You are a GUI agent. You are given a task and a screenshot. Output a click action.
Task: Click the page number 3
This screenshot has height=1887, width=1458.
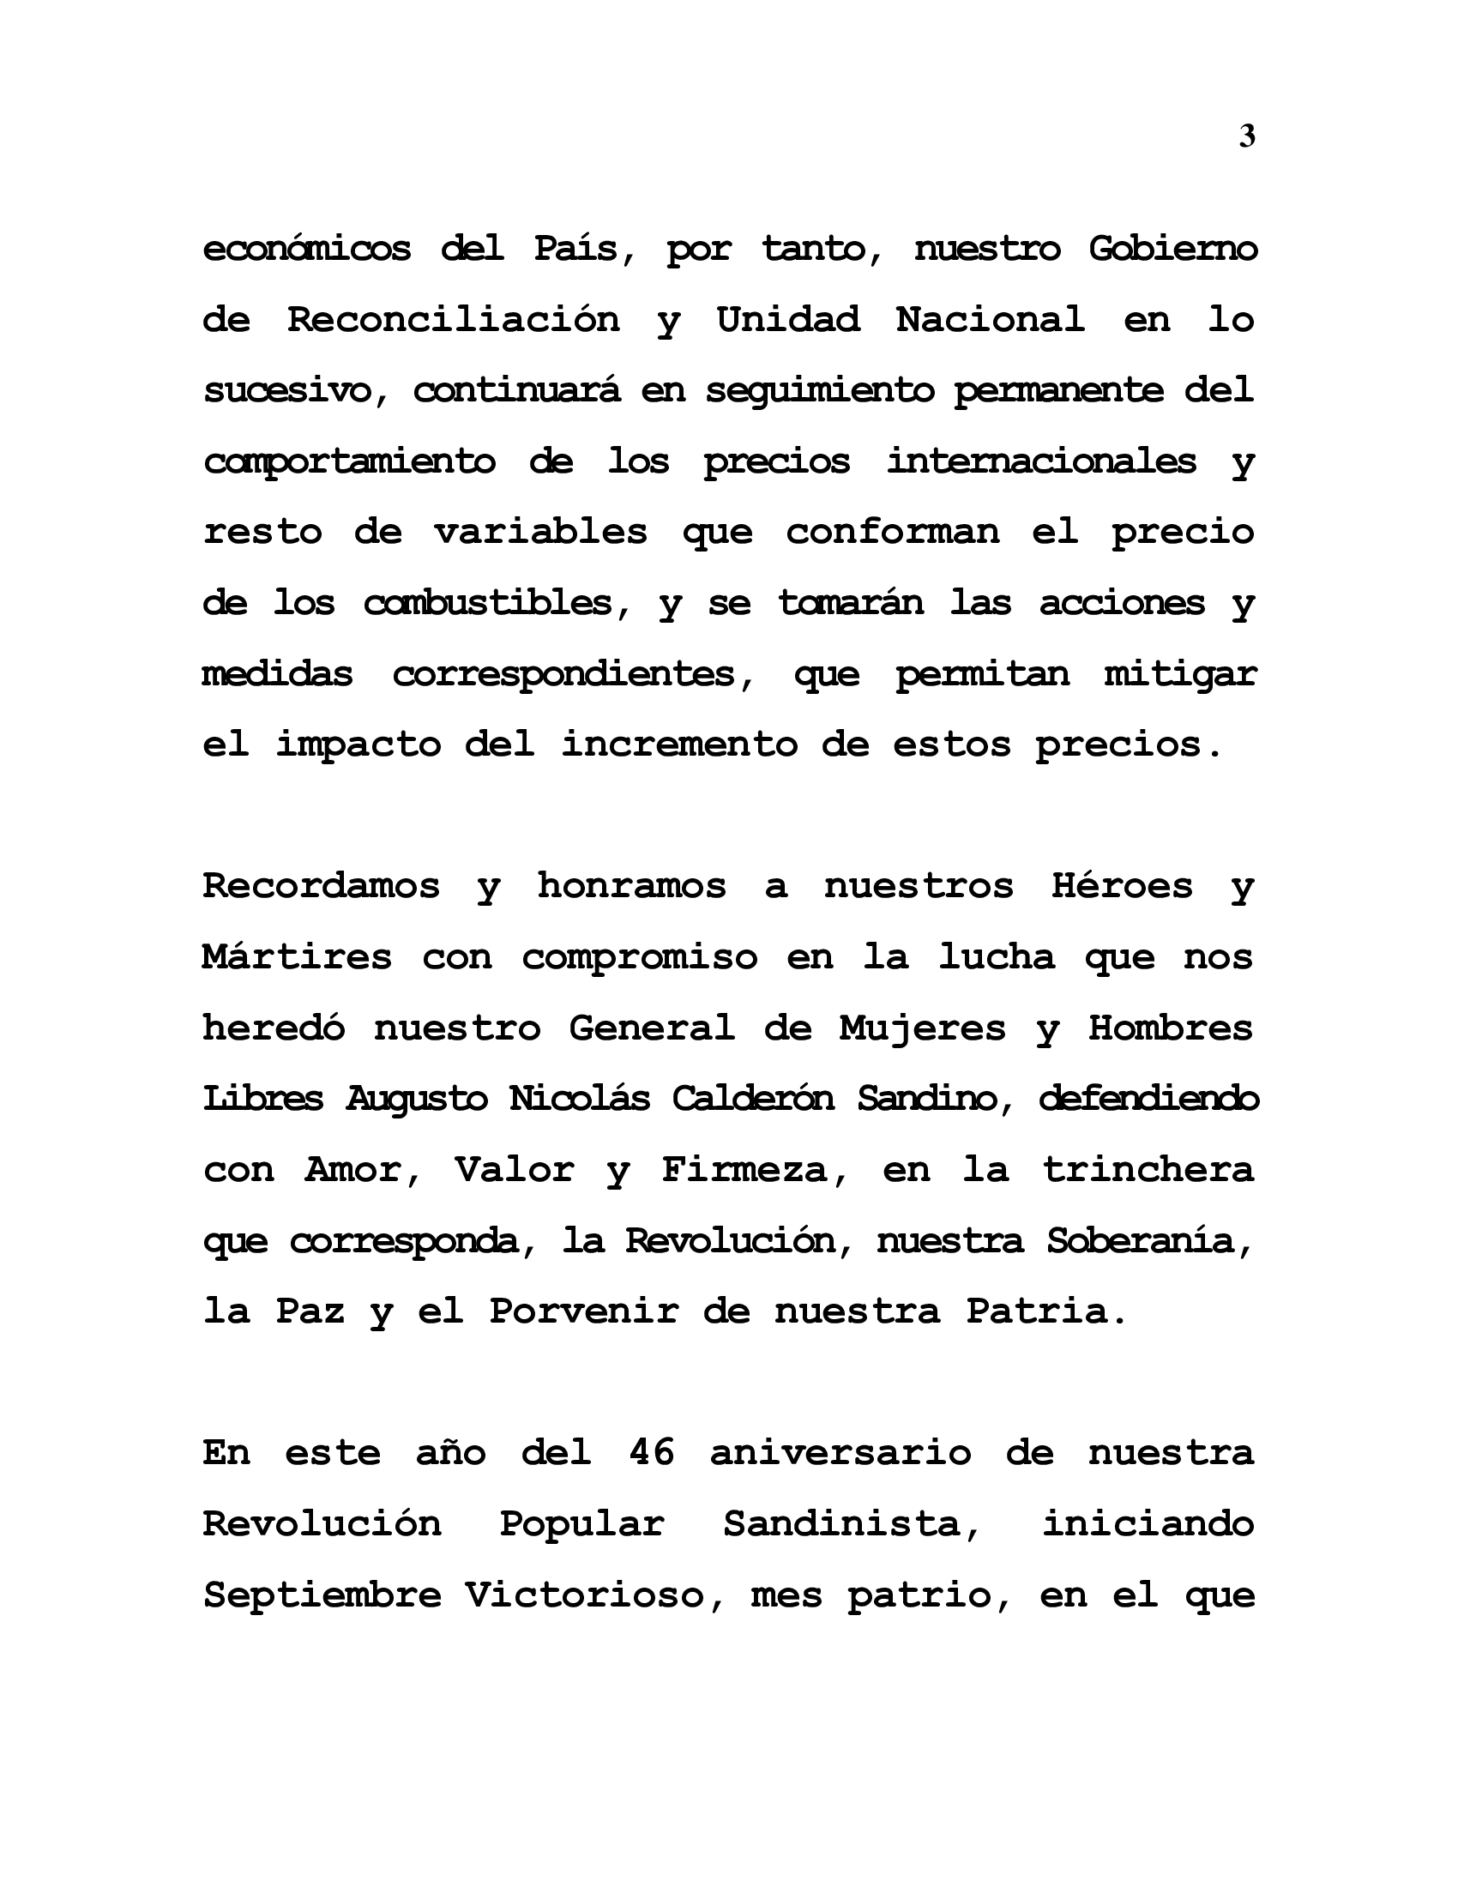click(x=1246, y=136)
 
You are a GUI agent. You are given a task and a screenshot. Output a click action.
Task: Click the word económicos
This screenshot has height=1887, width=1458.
click(x=307, y=250)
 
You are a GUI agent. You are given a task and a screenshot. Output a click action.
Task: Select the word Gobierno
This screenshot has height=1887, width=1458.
click(x=1172, y=250)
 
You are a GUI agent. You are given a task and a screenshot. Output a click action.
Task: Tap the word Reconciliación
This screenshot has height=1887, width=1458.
click(x=454, y=321)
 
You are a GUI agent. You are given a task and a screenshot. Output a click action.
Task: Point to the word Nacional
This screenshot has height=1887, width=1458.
click(x=990, y=321)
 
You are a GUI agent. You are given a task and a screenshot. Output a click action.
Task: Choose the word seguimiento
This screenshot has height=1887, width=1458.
click(x=820, y=391)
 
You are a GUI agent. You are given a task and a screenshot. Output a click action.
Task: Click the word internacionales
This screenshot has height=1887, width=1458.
click(x=1041, y=461)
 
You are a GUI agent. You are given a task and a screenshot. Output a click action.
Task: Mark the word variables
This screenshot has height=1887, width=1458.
click(x=540, y=533)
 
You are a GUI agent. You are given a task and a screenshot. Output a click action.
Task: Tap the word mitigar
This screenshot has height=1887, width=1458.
click(x=1180, y=674)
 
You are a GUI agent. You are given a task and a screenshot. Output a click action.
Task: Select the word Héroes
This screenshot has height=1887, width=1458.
click(x=1122, y=887)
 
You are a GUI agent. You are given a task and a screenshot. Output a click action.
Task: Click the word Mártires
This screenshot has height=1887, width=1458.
click(x=297, y=957)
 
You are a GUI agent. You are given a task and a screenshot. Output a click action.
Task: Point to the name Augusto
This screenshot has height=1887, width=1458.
click(x=417, y=1099)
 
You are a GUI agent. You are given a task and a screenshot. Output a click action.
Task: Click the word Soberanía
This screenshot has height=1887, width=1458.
click(x=1148, y=1242)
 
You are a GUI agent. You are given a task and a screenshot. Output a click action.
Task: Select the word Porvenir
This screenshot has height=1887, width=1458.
click(x=585, y=1312)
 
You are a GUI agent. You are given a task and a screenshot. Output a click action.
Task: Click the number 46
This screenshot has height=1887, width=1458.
click(x=651, y=1453)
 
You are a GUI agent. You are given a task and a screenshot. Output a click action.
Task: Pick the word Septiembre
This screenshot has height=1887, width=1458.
click(x=322, y=1595)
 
